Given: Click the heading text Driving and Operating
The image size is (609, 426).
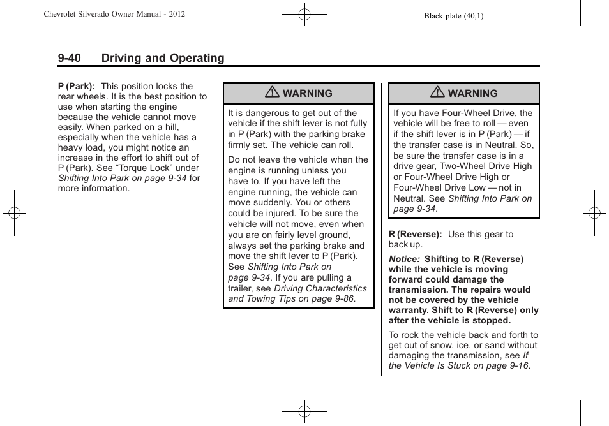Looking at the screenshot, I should coord(163,58).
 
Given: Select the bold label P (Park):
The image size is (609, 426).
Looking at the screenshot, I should coord(77,86).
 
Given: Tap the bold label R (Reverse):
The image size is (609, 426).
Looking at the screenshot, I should coord(416,234).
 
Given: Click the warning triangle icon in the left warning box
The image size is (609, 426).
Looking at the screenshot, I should coord(273,93).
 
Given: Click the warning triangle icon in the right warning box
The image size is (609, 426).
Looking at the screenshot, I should coord(437,93).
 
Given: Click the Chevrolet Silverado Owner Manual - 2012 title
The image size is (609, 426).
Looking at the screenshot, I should coord(115,13).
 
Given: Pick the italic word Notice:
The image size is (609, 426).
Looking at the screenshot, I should coord(404,259).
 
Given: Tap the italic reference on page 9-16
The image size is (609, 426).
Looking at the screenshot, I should coord(502,365).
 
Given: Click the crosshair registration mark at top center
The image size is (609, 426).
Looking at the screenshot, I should coord(304,13).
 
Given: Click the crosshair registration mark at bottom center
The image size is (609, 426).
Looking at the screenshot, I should coord(304,412).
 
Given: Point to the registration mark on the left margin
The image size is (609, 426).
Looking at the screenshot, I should coord(14,213).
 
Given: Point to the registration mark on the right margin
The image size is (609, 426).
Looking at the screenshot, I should coord(594,213).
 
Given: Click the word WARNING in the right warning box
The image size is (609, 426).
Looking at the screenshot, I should coord(472,93).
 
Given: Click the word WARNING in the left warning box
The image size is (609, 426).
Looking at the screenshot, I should coord(308,93).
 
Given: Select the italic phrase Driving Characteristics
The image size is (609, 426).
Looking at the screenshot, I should coord(320,288).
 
